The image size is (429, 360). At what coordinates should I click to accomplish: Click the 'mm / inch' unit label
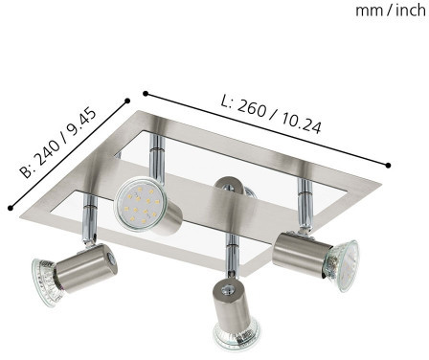click(391, 11)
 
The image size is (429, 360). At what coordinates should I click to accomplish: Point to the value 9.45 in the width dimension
click(82, 123)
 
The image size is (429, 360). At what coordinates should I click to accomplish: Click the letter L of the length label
click(226, 101)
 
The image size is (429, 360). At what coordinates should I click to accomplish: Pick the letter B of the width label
click(27, 171)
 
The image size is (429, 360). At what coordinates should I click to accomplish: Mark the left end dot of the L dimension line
click(146, 94)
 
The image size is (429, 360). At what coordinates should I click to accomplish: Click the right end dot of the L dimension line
click(388, 165)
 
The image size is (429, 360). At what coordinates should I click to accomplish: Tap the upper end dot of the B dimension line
click(127, 101)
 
